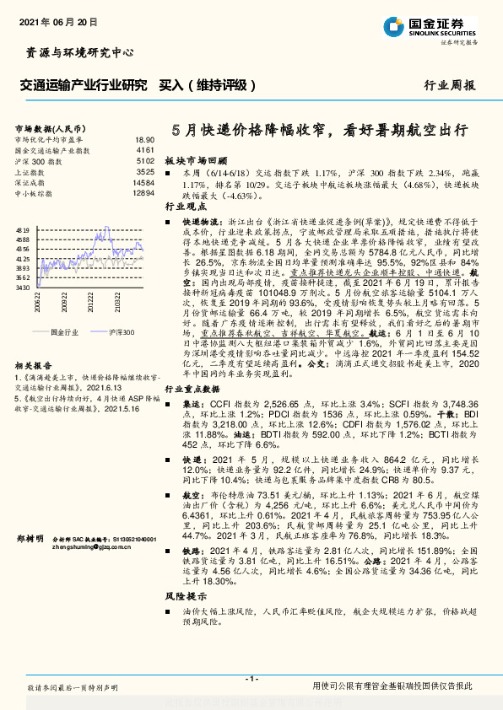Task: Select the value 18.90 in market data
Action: coord(144,139)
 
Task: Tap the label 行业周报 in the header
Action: coord(448,85)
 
